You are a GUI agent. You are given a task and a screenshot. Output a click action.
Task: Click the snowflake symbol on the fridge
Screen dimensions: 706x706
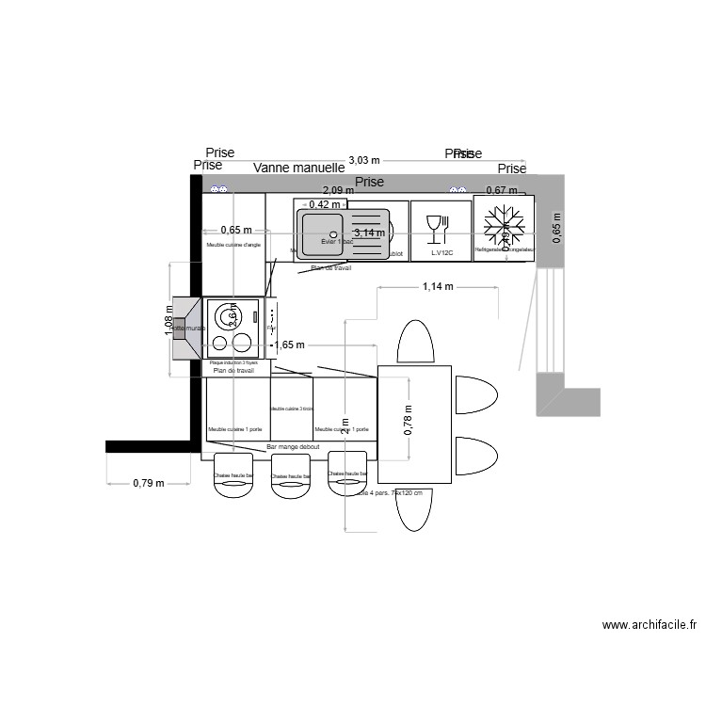(505, 226)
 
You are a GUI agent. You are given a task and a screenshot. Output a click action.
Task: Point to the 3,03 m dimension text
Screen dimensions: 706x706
(364, 160)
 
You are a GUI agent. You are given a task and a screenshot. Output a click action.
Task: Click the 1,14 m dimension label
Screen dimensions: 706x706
(439, 286)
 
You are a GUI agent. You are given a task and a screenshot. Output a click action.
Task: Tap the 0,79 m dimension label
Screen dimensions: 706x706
(149, 483)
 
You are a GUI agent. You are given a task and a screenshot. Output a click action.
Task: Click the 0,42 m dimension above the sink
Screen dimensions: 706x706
(325, 204)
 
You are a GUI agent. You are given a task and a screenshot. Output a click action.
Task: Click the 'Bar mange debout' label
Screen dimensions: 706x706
(294, 447)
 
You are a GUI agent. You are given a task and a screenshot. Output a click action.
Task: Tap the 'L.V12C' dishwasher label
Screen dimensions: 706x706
(442, 253)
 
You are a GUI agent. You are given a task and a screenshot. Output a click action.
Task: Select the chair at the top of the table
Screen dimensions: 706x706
(414, 342)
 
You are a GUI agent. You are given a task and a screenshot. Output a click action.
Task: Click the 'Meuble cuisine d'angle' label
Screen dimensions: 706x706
(233, 247)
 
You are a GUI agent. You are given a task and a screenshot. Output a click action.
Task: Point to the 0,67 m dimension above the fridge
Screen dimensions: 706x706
(503, 190)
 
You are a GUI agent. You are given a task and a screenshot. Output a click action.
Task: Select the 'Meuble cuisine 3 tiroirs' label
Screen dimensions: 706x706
(292, 409)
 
